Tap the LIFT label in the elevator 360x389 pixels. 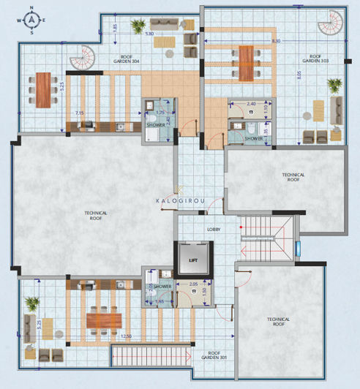click(194, 259)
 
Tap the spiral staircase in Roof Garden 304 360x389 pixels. click(86, 58)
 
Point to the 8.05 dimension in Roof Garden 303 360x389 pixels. click(299, 73)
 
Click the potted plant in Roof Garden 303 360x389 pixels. click(334, 86)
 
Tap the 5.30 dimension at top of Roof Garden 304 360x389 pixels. click(149, 34)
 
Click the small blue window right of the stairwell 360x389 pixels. click(298, 248)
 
